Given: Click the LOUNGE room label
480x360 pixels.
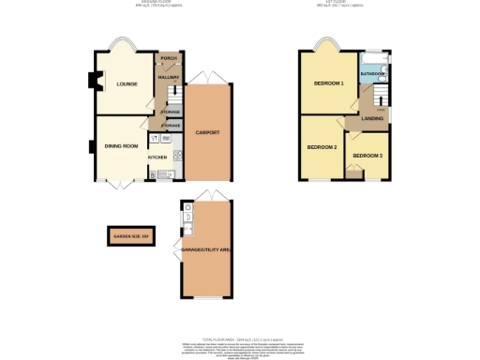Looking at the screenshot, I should coord(127,84).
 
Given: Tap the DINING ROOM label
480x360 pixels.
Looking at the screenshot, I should coord(121,146).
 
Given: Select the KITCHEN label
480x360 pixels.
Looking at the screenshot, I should coord(156,157).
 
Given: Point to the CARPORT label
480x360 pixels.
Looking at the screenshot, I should coord(207,133).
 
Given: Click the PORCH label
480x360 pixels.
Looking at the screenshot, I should coord(169,57).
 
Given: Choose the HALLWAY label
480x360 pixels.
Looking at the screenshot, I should coord(169,77).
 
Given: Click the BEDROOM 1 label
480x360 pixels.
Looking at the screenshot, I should coord(329,84).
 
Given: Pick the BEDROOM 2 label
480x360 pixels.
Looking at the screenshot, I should coord(322,147).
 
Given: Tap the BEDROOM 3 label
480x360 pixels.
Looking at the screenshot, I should coord(367,155).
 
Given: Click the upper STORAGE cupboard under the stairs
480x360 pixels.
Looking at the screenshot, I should coord(171,112).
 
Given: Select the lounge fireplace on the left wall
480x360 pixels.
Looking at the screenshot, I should coord(94,82).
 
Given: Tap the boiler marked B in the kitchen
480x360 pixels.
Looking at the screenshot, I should coord(152,173).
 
